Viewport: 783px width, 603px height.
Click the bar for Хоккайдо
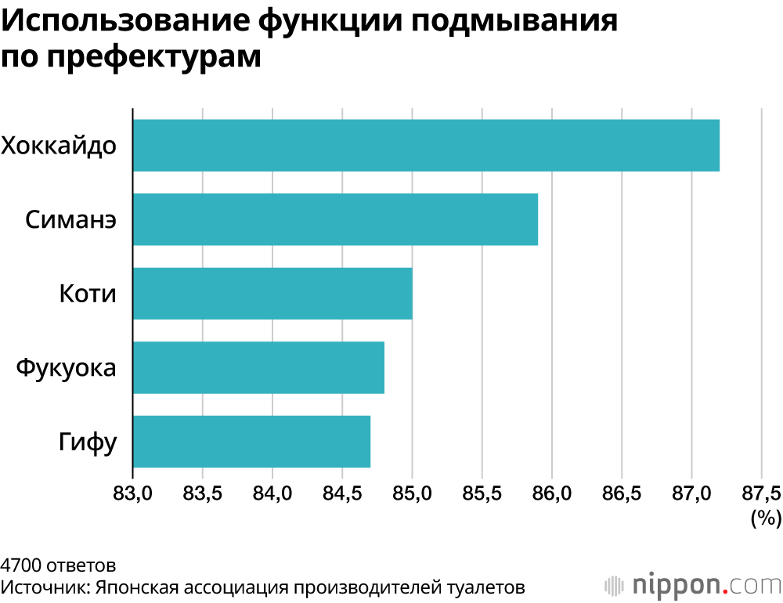point(426,146)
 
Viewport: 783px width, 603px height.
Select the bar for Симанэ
point(335,219)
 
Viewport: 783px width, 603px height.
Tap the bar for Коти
point(272,293)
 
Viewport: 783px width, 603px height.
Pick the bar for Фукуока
point(258,367)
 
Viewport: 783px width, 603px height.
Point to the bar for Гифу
point(251,441)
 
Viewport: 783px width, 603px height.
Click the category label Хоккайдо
point(60,146)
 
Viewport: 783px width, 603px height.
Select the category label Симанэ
point(71,219)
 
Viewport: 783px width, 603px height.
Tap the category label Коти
point(88,294)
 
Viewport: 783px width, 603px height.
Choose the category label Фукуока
point(66,367)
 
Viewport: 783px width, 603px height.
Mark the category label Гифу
point(88,442)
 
